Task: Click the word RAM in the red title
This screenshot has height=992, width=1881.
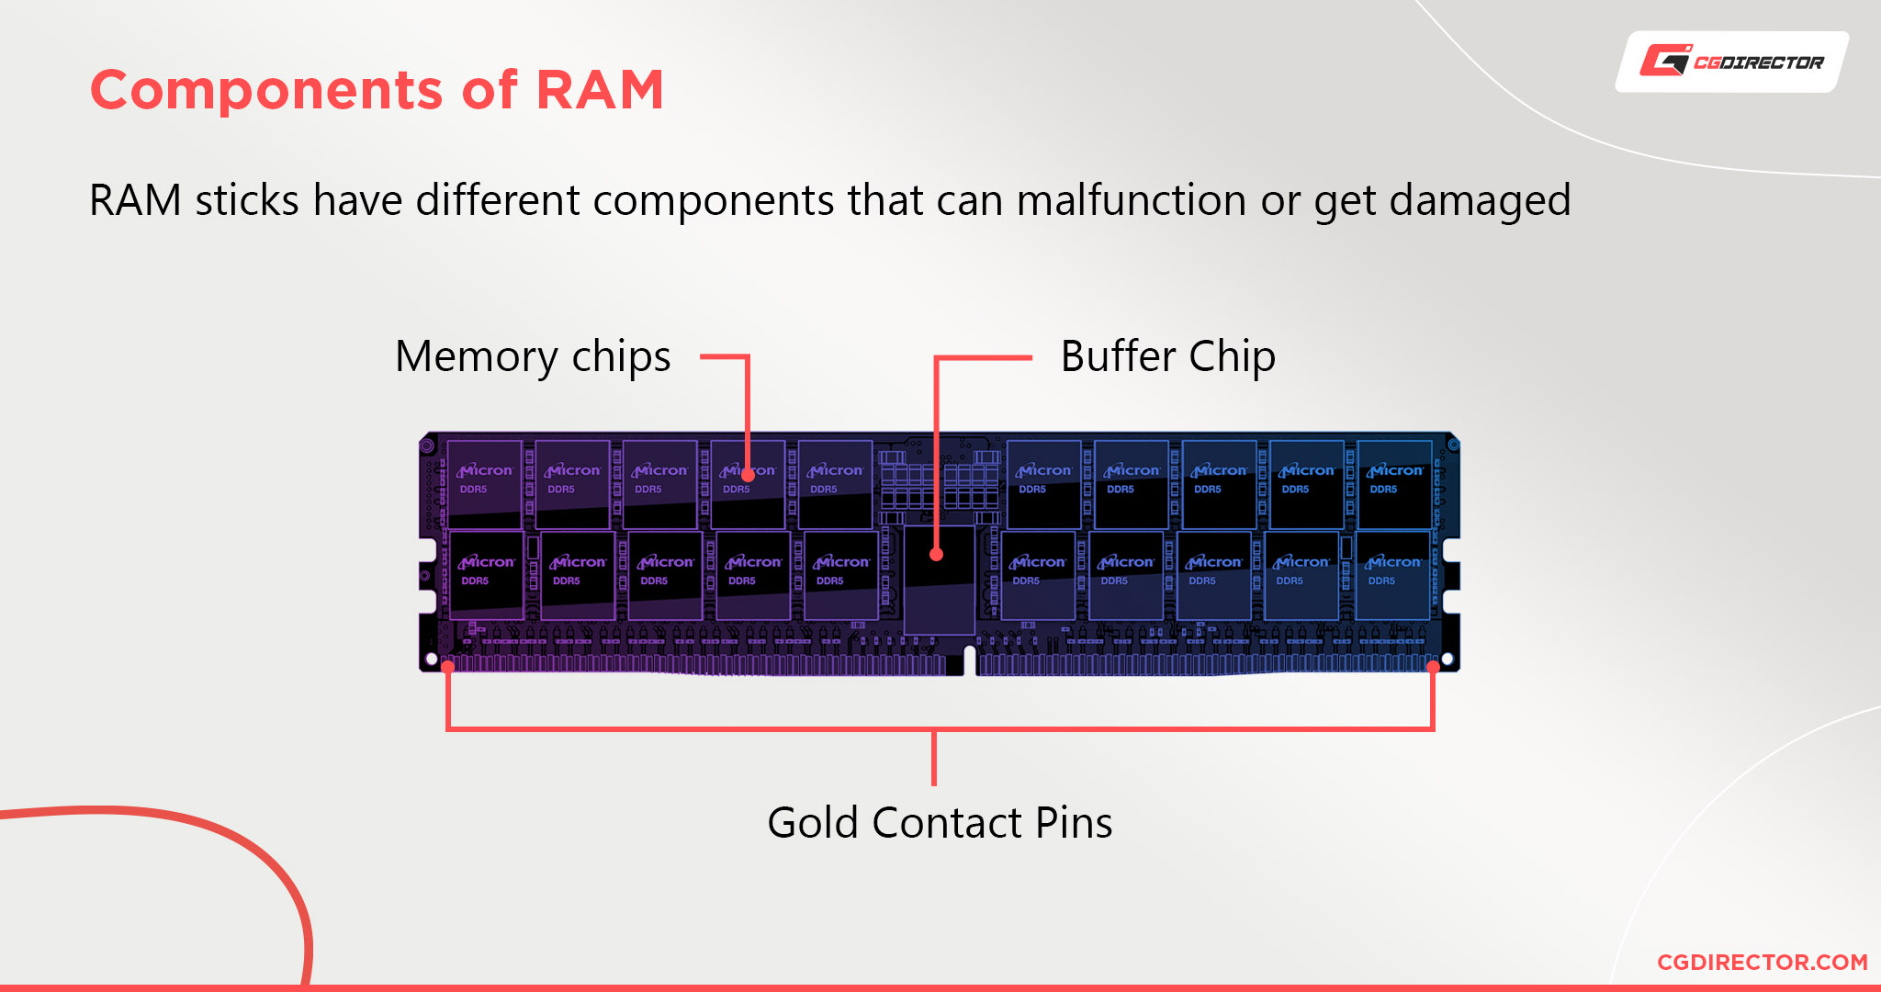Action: tap(599, 90)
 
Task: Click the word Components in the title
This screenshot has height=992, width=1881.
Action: tap(266, 90)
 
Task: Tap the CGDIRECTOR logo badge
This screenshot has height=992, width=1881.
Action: tap(1732, 62)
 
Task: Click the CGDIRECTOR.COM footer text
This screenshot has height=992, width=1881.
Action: tap(1763, 962)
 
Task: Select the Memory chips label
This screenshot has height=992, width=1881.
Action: tap(533, 356)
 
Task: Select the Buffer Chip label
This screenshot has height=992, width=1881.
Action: tap(1168, 356)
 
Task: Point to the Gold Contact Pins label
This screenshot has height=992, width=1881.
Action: tap(940, 822)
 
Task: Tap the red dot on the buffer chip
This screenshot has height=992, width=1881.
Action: tap(936, 554)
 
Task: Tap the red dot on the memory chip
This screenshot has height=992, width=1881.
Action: tap(748, 475)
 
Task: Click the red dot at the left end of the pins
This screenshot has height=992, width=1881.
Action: tap(447, 667)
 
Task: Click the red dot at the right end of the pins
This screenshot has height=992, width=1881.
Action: tap(1433, 667)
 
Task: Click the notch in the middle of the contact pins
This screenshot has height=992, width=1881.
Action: tap(970, 662)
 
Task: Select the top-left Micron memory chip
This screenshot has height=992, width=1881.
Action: tap(484, 484)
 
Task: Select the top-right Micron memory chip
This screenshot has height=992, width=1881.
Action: tap(1394, 484)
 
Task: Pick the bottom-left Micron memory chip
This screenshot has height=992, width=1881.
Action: tap(487, 575)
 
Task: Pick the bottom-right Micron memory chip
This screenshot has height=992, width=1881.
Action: tap(1392, 575)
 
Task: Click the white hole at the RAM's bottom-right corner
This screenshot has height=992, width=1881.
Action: tap(1447, 659)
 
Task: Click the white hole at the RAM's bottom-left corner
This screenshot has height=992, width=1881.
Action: tap(432, 659)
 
